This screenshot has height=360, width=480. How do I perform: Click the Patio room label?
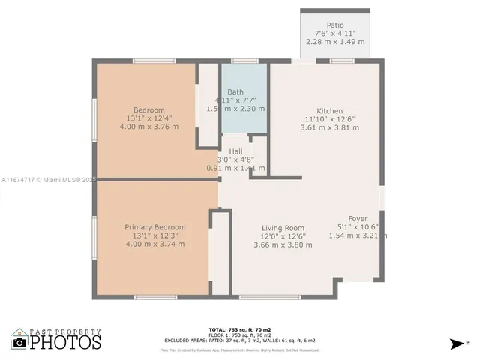[x=335, y=25]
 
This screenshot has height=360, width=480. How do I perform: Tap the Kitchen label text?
[x=329, y=110]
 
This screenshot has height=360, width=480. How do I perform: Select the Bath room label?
[x=235, y=91]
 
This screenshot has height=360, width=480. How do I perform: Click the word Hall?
[x=235, y=151]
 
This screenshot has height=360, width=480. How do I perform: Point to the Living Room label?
[x=283, y=228]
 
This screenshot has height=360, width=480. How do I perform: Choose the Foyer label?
[x=358, y=219]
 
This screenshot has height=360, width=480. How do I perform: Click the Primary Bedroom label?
[x=154, y=227]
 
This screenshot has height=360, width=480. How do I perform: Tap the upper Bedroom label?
[x=148, y=110]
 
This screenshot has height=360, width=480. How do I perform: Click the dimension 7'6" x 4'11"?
[x=335, y=33]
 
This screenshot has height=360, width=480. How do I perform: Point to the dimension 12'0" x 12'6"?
[x=283, y=236]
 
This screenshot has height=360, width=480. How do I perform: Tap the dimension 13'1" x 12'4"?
[x=148, y=118]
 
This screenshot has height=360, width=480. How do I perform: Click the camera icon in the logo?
[x=19, y=343]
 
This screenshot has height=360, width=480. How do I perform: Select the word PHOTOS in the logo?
[x=65, y=343]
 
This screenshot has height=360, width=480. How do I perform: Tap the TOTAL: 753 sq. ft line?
[x=239, y=329]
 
